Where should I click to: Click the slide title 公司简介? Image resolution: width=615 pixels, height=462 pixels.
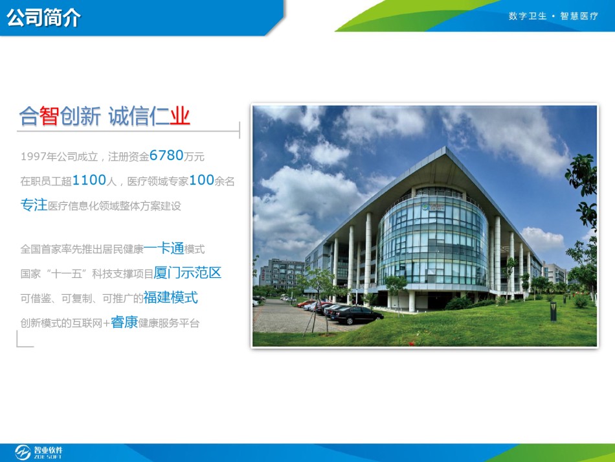click(43, 17)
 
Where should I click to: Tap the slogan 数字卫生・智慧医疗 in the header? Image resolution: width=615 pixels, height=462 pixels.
click(553, 16)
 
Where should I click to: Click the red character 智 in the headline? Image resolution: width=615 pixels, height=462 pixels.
click(49, 116)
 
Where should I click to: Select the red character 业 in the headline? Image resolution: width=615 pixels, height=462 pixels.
click(180, 116)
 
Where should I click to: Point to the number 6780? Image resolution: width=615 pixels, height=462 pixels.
click(166, 156)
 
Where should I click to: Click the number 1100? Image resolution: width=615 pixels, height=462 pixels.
click(89, 180)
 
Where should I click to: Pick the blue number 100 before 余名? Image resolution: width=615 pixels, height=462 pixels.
click(201, 180)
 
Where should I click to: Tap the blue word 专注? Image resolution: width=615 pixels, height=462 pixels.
click(34, 205)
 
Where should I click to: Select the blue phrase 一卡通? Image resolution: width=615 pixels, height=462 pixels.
click(164, 248)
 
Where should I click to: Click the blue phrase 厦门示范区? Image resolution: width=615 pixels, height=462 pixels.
click(188, 273)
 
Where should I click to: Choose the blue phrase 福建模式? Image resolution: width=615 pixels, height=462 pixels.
click(171, 297)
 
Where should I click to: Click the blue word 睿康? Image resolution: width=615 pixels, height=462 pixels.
click(124, 322)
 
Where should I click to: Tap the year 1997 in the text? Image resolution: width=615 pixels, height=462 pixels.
click(33, 157)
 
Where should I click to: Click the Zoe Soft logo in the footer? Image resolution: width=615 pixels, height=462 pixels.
click(38, 452)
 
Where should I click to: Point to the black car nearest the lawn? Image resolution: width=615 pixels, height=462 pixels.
click(357, 315)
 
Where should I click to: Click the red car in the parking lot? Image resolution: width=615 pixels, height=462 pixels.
click(306, 303)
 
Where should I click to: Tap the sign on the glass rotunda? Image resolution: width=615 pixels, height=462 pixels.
click(432, 207)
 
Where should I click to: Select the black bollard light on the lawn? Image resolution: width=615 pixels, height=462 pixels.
click(553, 312)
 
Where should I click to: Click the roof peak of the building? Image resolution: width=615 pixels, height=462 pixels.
click(445, 147)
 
